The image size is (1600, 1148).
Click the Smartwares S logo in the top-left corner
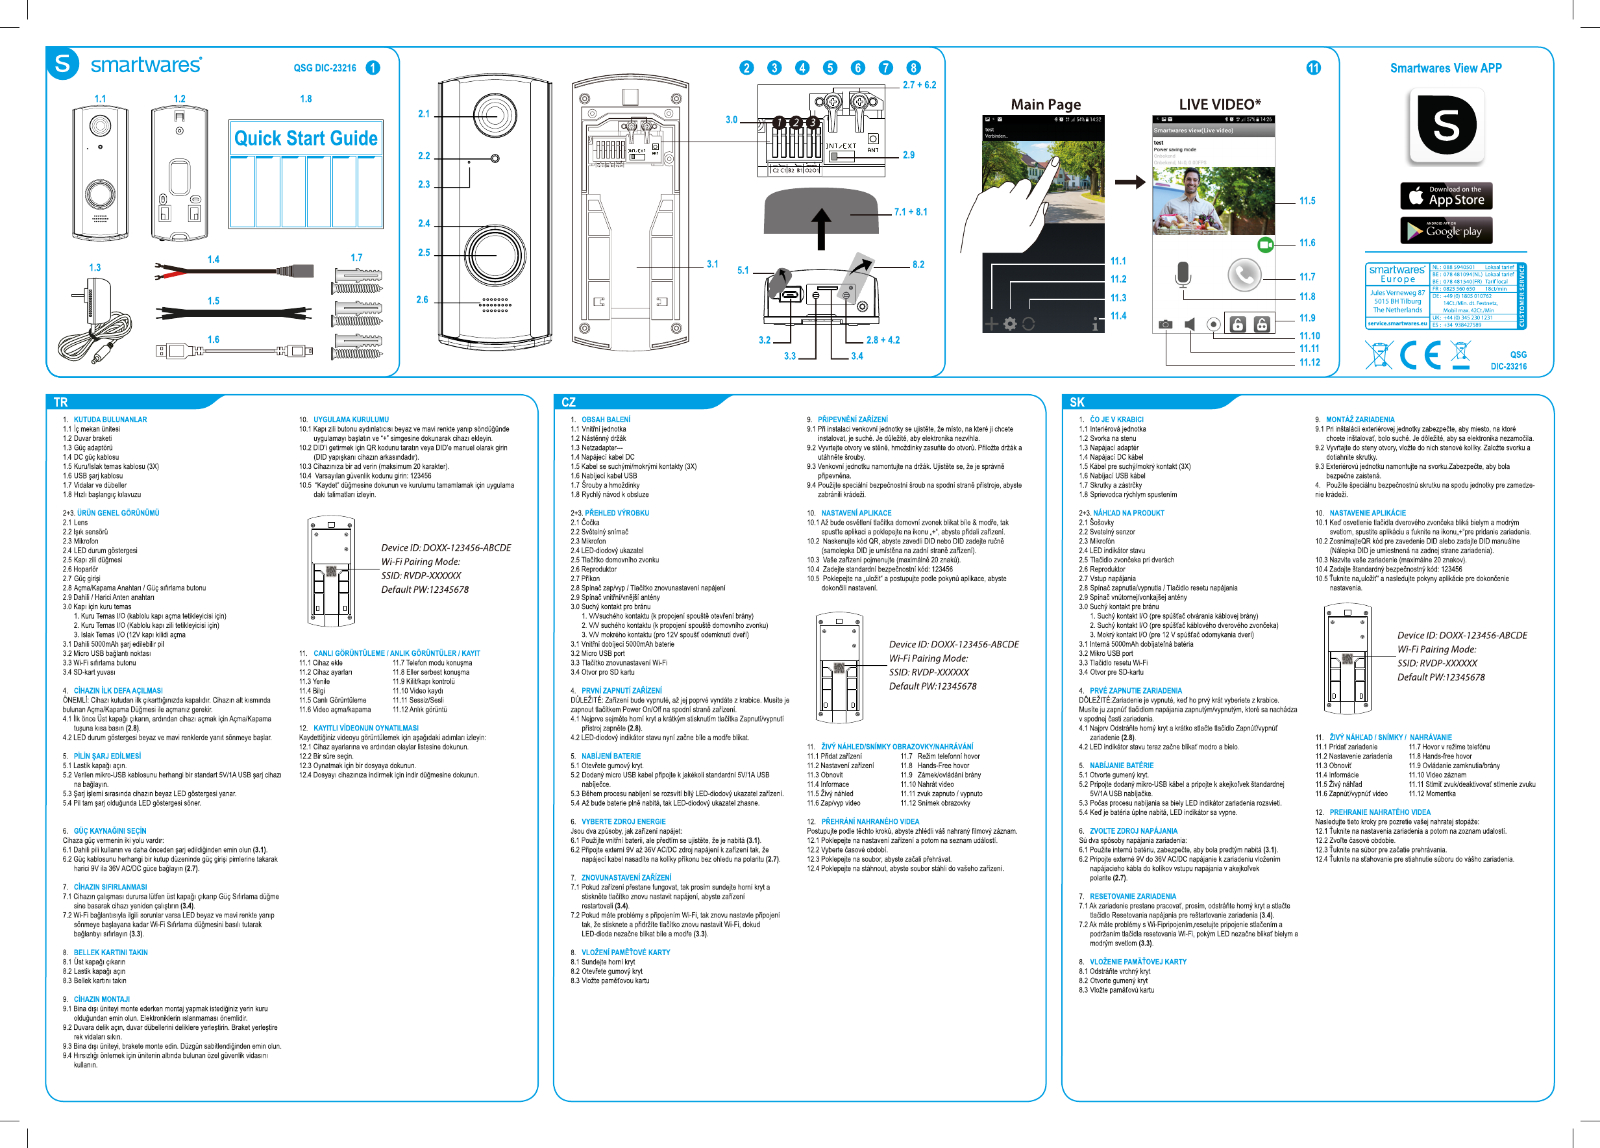click(63, 64)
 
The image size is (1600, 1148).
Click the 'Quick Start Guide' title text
click(306, 138)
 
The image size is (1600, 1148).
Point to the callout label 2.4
click(423, 223)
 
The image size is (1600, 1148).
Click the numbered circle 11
click(1313, 68)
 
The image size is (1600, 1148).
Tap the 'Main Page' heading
click(1046, 105)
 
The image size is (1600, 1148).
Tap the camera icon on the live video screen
click(1165, 325)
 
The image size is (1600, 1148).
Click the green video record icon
click(1266, 244)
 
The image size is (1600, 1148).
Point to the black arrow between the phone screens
click(1129, 182)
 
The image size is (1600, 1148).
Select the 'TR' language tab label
click(60, 402)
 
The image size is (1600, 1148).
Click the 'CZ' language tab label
click(569, 402)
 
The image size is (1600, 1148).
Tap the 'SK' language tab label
click(1077, 402)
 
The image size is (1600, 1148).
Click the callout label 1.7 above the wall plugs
click(356, 258)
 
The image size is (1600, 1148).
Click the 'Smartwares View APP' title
click(1446, 68)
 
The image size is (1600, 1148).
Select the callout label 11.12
click(1309, 363)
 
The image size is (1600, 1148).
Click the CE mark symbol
click(1420, 355)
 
